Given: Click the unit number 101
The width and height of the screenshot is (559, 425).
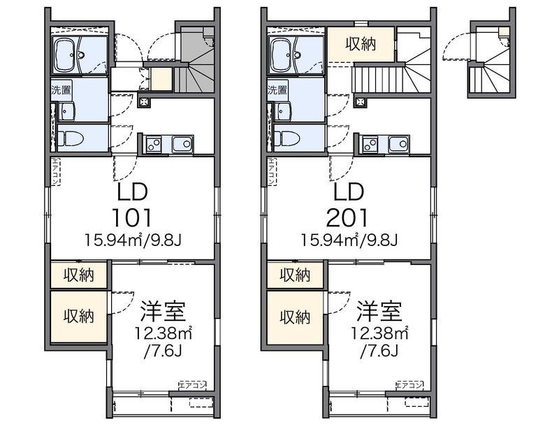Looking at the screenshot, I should pyautogui.click(x=131, y=216).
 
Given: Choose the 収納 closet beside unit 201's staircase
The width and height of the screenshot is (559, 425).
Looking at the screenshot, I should pyautogui.click(x=361, y=43).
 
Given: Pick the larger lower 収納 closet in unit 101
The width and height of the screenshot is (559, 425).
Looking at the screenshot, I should pyautogui.click(x=78, y=317).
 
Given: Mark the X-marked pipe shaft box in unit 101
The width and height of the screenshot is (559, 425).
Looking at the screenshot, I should pyautogui.click(x=145, y=101).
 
